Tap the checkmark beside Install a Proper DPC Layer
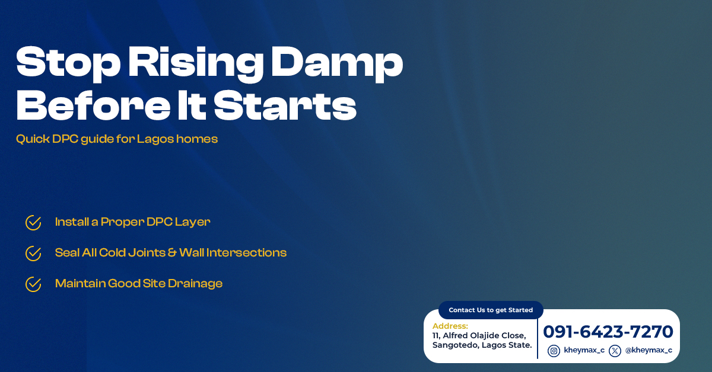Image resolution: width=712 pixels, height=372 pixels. pyautogui.click(x=33, y=223)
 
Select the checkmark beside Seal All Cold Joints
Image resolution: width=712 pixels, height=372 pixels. pyautogui.click(x=33, y=254)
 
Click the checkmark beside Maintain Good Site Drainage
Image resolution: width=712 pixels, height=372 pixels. pyautogui.click(x=33, y=284)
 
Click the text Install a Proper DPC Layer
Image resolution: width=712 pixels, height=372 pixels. pyautogui.click(x=132, y=222)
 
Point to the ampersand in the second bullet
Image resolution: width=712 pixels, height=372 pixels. pyautogui.click(x=172, y=253)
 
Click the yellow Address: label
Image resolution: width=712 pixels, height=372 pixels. pyautogui.click(x=450, y=326)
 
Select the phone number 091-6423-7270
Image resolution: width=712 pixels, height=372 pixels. pyautogui.click(x=608, y=332)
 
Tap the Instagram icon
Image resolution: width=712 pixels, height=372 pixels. pyautogui.click(x=554, y=351)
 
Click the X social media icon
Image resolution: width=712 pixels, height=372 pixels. pyautogui.click(x=615, y=351)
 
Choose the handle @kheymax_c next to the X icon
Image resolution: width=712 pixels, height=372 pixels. pyautogui.click(x=649, y=351)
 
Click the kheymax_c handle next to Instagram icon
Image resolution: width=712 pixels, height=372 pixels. pyautogui.click(x=584, y=351)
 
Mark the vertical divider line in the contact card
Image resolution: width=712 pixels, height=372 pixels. pyautogui.click(x=538, y=339)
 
